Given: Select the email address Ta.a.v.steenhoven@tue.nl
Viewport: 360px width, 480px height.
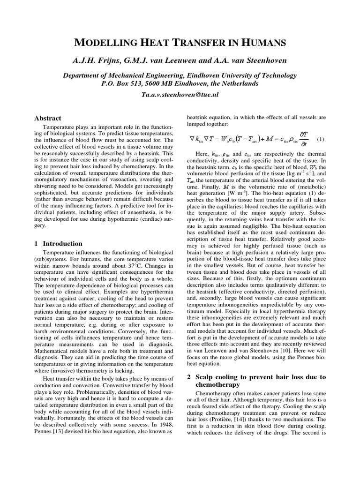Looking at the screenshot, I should [x=180, y=94].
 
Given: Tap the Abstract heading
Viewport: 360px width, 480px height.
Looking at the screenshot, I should [x=48, y=118].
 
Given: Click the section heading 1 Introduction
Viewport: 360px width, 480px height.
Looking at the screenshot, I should [x=59, y=243].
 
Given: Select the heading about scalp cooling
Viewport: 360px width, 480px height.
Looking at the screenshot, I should [x=256, y=381].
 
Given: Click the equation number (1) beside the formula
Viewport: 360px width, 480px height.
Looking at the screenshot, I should [x=321, y=139].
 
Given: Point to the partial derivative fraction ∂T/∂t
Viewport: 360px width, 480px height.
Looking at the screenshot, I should [x=302, y=139].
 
